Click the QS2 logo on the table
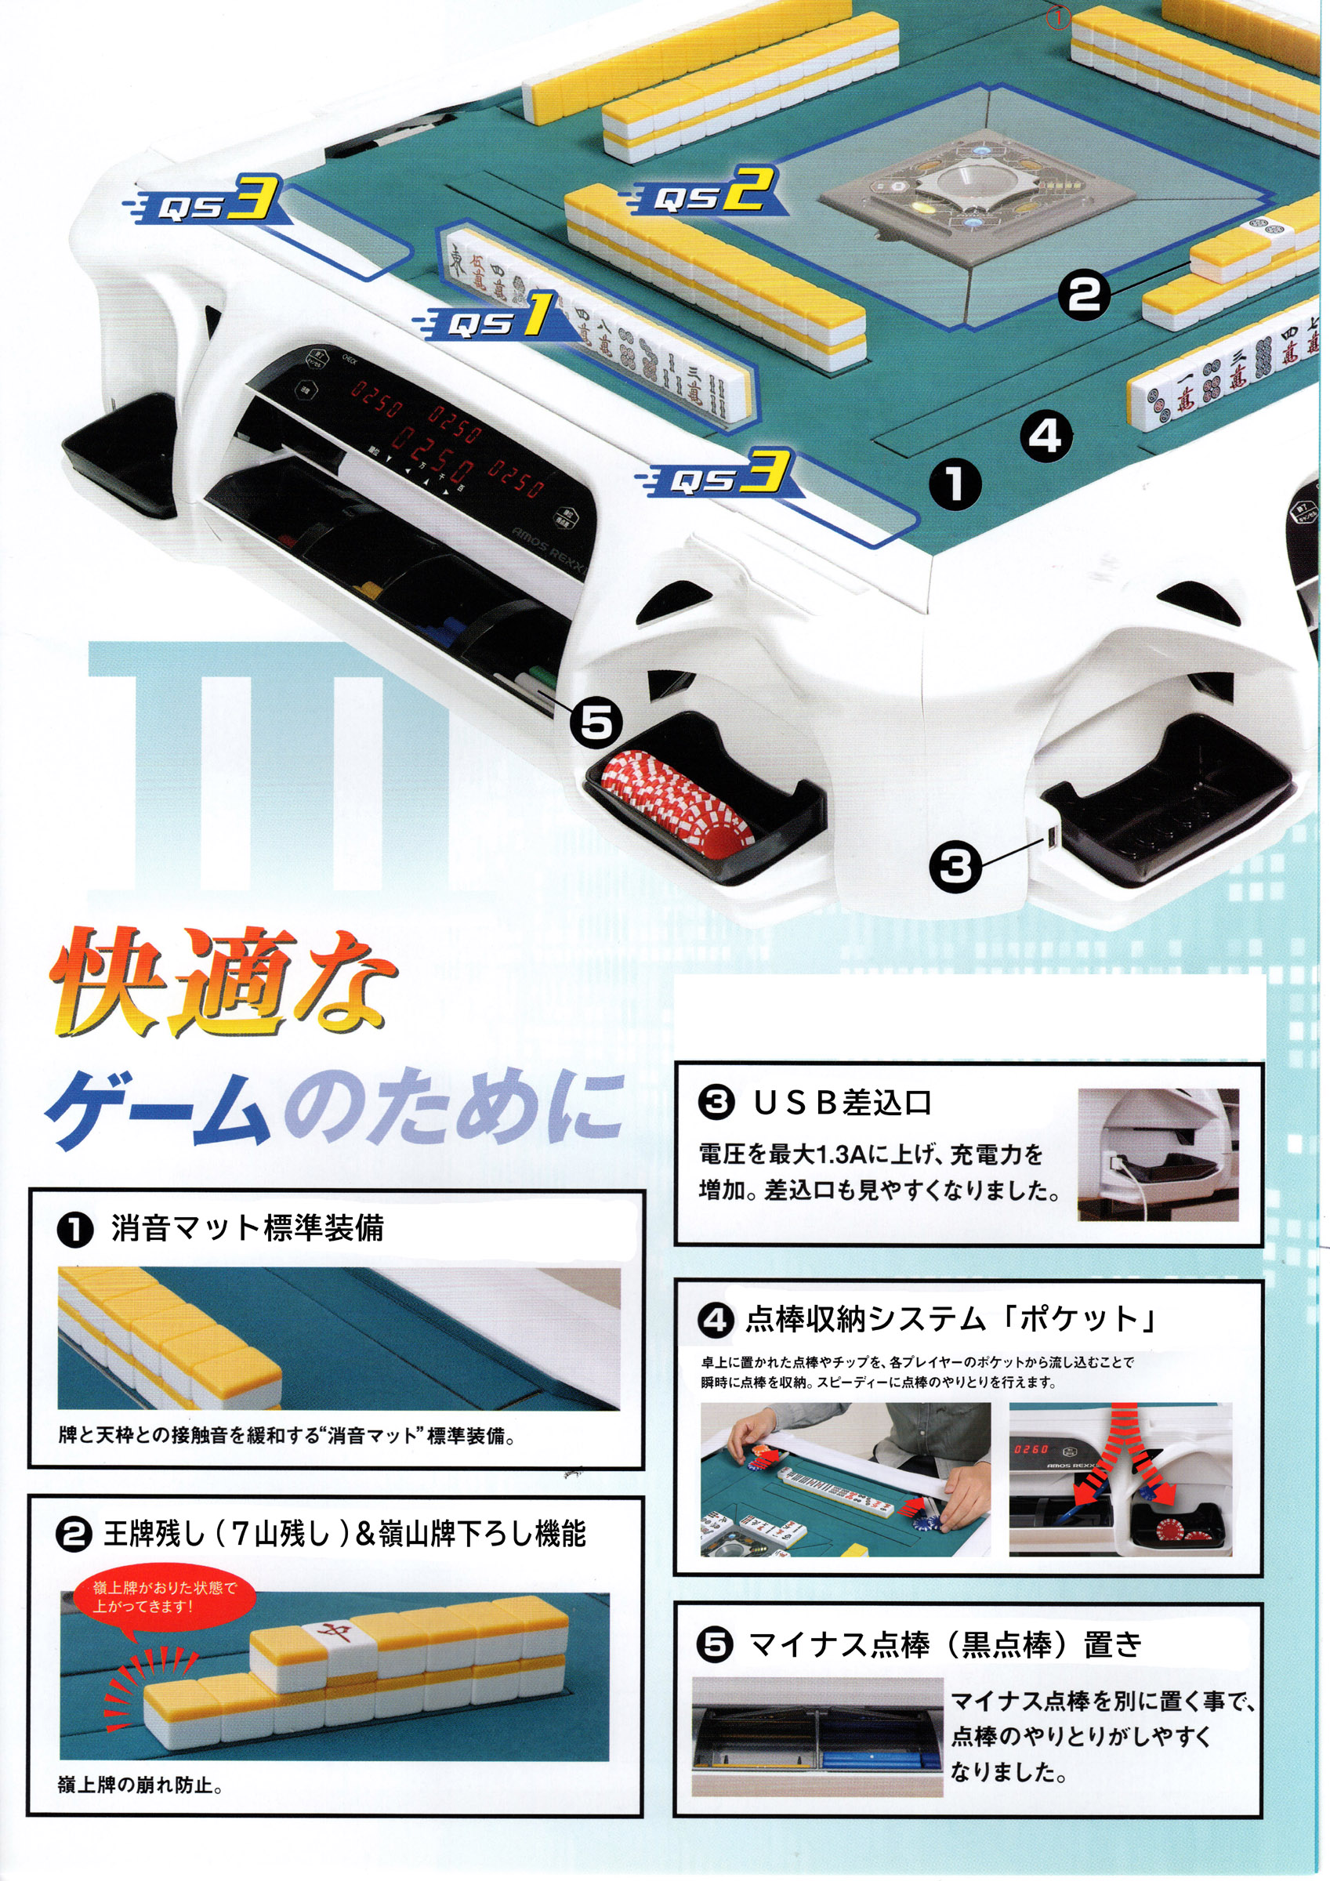705,197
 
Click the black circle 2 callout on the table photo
1083,293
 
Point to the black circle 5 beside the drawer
596,723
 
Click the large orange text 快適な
221,983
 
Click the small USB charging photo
1157,1154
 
